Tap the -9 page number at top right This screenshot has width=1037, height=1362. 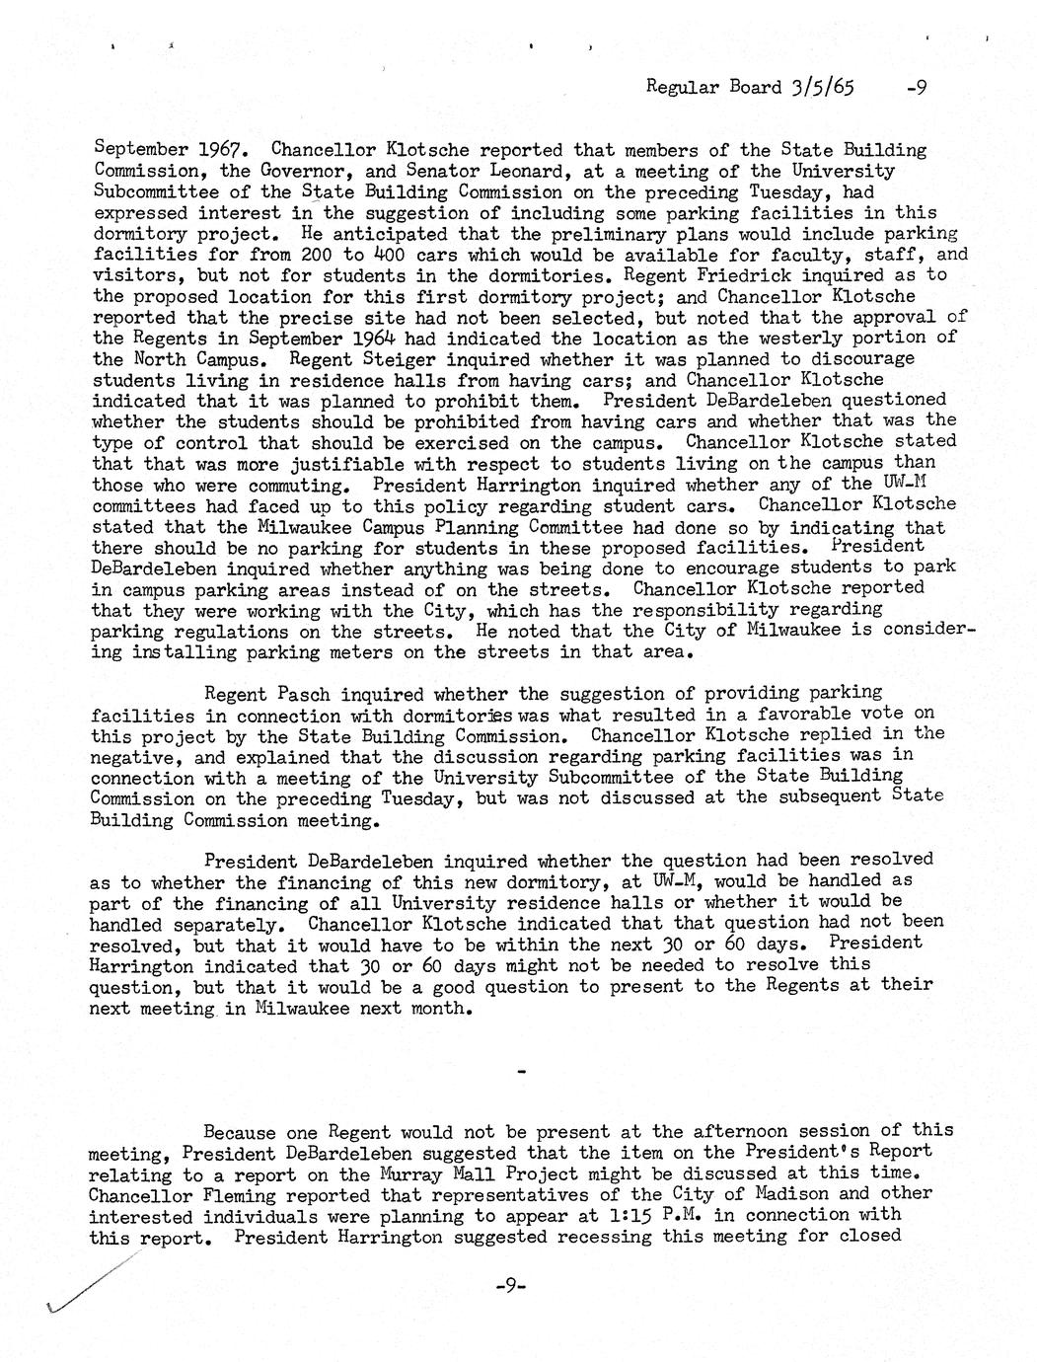point(915,87)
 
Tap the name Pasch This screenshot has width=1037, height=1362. point(299,694)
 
